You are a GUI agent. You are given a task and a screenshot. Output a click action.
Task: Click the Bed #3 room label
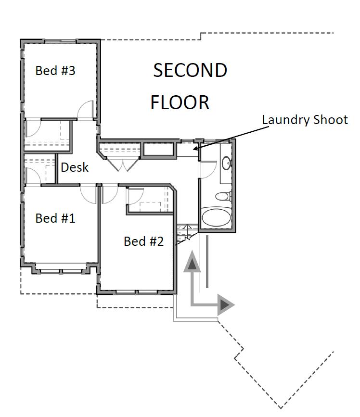point(55,71)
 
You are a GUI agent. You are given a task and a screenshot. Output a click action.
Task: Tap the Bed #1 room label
point(55,218)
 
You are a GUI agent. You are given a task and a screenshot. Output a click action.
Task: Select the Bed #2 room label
point(144,241)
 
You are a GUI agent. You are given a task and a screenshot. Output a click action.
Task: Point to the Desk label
point(75,167)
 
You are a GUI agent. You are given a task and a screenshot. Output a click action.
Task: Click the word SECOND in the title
point(190,71)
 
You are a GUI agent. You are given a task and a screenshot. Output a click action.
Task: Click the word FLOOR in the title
point(180,102)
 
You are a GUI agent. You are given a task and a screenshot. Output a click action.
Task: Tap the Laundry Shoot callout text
point(305,120)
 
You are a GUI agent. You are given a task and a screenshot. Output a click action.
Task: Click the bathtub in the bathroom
point(216,217)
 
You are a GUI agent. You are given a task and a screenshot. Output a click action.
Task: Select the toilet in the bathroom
point(223,197)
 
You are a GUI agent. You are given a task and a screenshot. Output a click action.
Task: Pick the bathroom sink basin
point(227,162)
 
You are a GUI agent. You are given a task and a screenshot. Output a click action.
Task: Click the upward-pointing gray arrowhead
point(192,262)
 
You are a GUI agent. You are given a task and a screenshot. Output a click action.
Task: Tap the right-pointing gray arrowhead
point(226,305)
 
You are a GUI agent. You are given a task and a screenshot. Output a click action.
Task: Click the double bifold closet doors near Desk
point(123,164)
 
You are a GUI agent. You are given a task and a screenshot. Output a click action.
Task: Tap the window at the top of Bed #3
point(60,41)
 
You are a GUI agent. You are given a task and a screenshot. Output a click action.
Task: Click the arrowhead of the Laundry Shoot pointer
point(195,148)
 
